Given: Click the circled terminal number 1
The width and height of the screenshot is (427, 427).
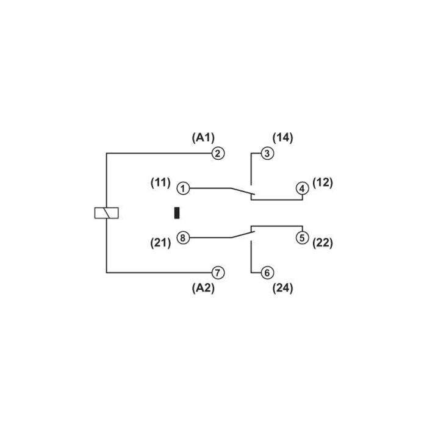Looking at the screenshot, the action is tap(183, 188).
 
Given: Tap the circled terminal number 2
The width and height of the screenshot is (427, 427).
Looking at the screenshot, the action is tap(218, 154).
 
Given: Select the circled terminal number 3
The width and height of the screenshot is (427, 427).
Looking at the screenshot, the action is tap(267, 154).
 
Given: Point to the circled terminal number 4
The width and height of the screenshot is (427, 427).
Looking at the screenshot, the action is tap(302, 188).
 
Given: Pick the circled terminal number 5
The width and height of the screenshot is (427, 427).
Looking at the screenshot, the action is tap(302, 238).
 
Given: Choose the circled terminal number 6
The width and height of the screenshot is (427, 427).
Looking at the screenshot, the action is tap(267, 273).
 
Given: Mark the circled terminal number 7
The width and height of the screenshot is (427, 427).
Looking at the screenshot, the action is tap(218, 273).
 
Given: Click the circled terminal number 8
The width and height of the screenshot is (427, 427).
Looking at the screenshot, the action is tap(183, 238).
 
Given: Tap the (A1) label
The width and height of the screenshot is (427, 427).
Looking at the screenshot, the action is tap(203, 138).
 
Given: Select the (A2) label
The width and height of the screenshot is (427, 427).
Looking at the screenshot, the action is tap(203, 288).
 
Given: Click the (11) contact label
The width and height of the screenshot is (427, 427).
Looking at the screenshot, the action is tap(160, 183).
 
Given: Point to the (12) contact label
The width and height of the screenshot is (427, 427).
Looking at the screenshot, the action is tap(323, 183).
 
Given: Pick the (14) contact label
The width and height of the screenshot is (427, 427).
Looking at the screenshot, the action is tap(282, 138).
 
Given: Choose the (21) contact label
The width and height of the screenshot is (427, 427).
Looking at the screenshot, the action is tap(160, 243).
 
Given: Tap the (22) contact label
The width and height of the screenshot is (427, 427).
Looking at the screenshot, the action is tap(323, 243).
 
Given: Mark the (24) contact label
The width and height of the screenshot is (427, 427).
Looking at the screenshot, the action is tap(282, 289).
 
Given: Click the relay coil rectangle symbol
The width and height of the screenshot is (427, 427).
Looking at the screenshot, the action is tap(107, 213).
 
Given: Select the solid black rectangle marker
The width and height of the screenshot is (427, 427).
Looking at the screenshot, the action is tap(177, 213).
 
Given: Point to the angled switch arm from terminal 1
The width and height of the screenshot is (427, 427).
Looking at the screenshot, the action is tap(243, 191).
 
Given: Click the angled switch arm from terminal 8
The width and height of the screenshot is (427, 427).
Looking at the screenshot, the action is tap(243, 235).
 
